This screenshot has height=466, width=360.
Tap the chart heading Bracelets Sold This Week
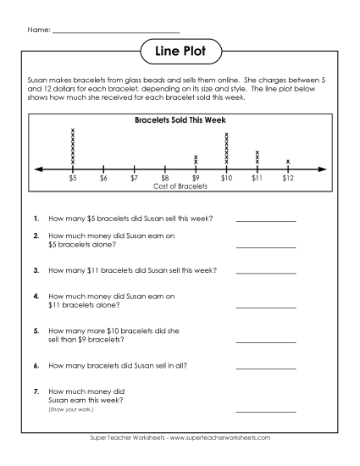point(180,119)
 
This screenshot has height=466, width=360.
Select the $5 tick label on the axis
point(73,178)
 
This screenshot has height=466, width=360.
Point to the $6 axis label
point(103,178)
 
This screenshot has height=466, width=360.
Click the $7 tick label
point(134,178)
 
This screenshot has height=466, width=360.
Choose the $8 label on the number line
point(165,178)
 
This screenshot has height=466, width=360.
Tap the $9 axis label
point(196,178)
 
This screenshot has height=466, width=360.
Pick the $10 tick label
point(226,178)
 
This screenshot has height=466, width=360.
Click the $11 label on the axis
point(257,178)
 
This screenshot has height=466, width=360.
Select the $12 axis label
point(288,178)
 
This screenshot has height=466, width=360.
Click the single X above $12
point(288,161)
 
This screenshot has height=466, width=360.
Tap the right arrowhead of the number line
point(323,169)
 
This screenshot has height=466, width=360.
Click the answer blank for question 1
point(266,220)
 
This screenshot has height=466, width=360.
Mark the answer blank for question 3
point(266,274)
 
